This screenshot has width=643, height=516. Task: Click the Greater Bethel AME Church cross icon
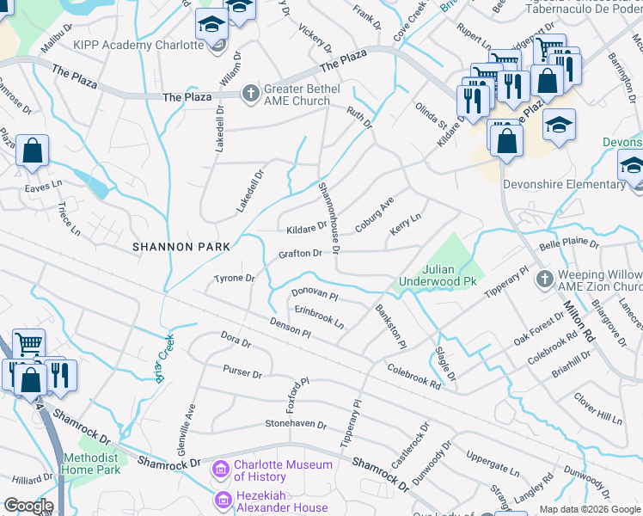point(250,91)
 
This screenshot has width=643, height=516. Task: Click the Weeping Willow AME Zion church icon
point(542,279)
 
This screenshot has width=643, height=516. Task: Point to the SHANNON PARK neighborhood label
point(181,247)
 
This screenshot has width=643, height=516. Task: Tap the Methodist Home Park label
point(90,464)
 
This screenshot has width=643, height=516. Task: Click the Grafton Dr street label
point(300,254)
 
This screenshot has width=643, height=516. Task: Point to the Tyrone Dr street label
point(235,279)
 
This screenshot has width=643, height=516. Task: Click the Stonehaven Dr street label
point(296,424)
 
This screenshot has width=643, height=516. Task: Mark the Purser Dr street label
point(242,374)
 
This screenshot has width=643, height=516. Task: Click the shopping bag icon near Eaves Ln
point(32,152)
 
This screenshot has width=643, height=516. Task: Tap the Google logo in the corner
point(28,506)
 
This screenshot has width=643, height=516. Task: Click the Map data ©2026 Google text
point(589,509)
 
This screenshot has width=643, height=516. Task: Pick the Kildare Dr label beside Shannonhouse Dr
point(307,228)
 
